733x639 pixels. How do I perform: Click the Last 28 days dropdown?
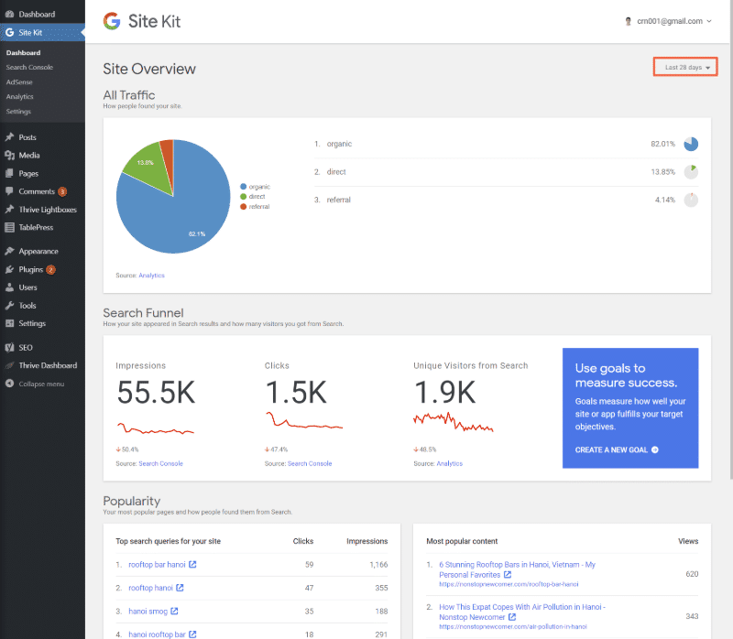click(686, 67)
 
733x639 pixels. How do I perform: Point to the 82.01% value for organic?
click(662, 144)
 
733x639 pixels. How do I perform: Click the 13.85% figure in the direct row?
click(662, 172)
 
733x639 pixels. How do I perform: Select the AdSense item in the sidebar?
click(19, 81)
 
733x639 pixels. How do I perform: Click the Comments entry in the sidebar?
click(37, 191)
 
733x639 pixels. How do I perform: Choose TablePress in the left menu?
click(37, 227)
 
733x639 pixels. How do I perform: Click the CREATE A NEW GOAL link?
click(617, 449)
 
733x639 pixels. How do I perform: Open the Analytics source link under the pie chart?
click(151, 275)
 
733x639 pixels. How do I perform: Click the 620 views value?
click(691, 574)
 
